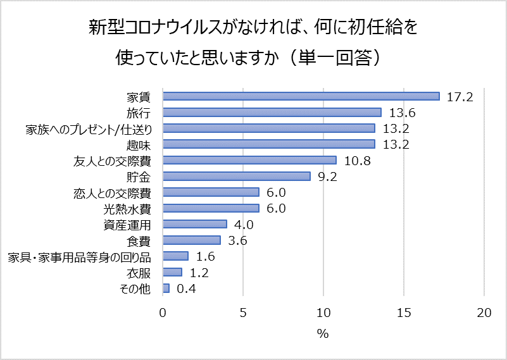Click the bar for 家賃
[301, 96]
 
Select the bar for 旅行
[272, 112]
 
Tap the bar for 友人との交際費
[249, 160]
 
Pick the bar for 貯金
[237, 176]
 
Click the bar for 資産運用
[195, 224]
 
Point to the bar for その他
[166, 289]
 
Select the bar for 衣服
[172, 272]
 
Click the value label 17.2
[460, 97]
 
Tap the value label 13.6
[402, 113]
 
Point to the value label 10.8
[356, 161]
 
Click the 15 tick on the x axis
[404, 313]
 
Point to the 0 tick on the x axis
[163, 313]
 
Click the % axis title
[323, 333]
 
